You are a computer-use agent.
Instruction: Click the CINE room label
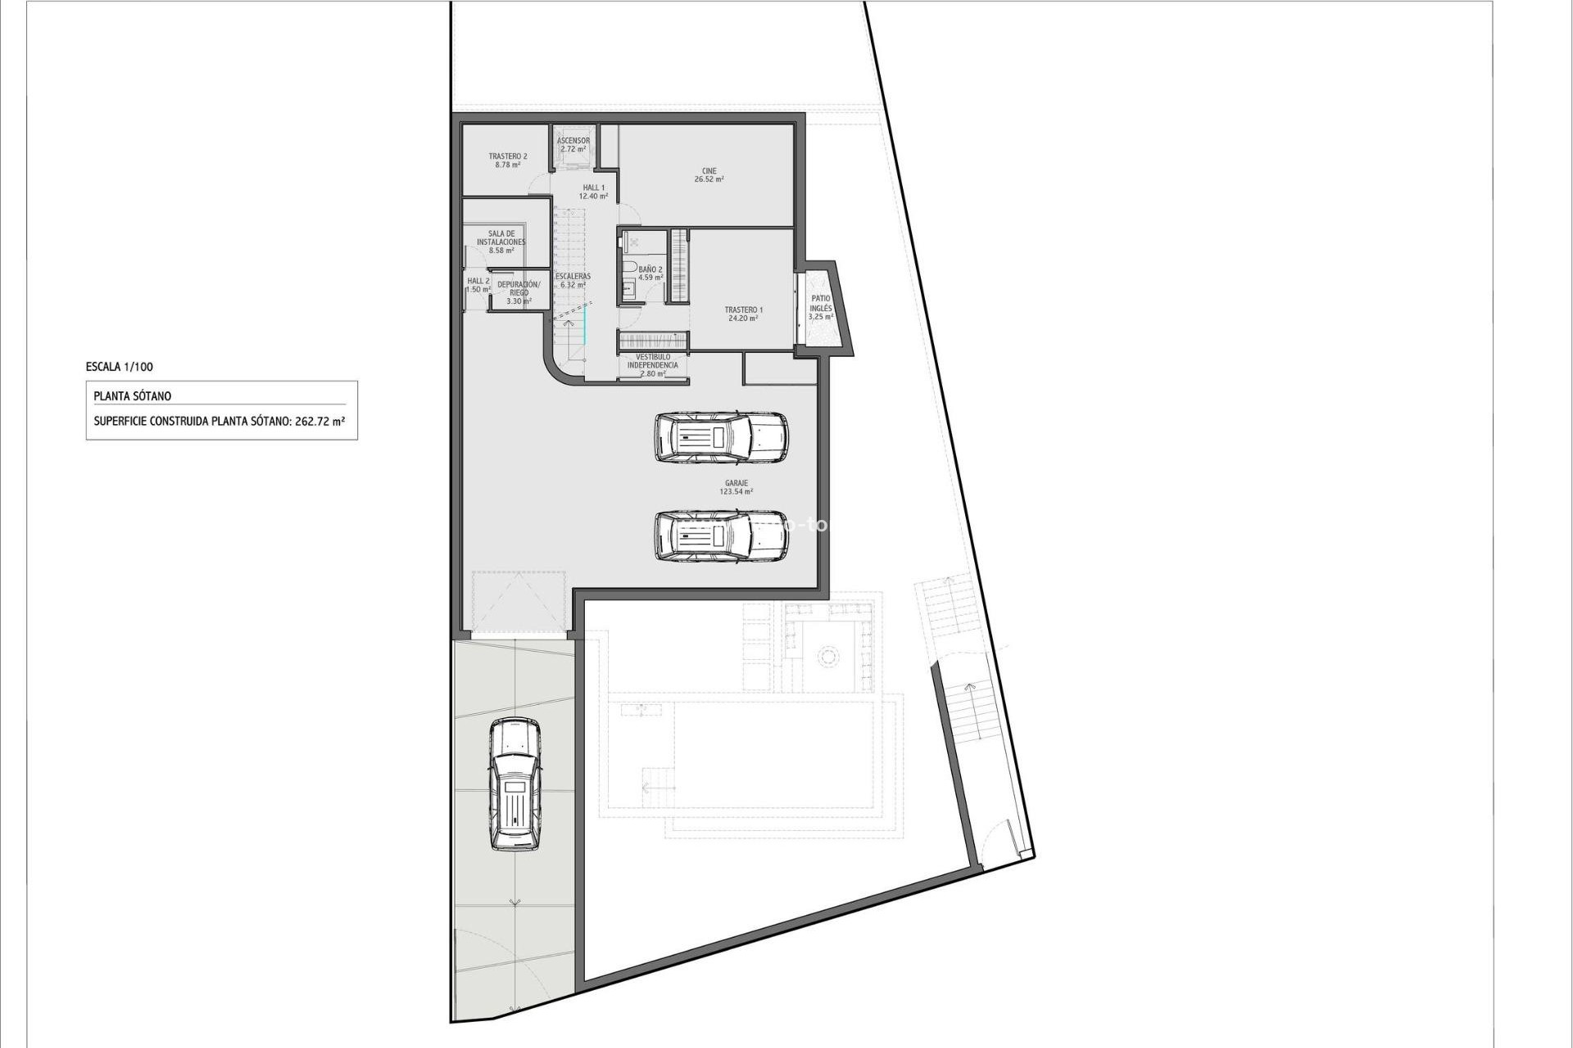tap(709, 171)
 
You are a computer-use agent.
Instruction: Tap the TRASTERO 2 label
tap(507, 156)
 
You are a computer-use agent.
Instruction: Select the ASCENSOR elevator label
tap(573, 142)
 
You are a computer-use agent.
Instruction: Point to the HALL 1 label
tap(593, 187)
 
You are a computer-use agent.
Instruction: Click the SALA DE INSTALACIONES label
tap(501, 238)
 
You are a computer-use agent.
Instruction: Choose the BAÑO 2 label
tap(650, 269)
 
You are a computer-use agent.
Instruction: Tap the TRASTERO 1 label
tap(743, 310)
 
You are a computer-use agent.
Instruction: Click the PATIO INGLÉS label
tap(820, 304)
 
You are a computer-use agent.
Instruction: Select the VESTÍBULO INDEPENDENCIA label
tap(652, 361)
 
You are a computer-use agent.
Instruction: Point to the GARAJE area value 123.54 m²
tap(736, 492)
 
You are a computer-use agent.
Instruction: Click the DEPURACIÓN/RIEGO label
tap(519, 288)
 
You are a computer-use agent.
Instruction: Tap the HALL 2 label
tap(478, 281)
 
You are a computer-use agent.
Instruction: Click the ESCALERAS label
tap(572, 277)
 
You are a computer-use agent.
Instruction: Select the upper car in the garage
tap(721, 437)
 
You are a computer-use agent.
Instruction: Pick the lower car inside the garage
tap(721, 536)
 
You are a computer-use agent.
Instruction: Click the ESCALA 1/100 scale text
tap(119, 368)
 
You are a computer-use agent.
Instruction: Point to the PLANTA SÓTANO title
tap(133, 396)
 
